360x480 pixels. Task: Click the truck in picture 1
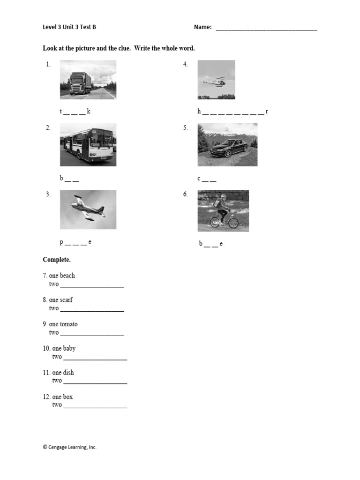pyautogui.click(x=80, y=84)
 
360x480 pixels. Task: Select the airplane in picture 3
pyautogui.click(x=88, y=208)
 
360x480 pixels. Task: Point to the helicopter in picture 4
pyautogui.click(x=215, y=82)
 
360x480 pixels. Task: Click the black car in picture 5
pyautogui.click(x=229, y=148)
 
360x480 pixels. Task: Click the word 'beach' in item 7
pyautogui.click(x=67, y=276)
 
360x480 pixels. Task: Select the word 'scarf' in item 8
pyautogui.click(x=67, y=300)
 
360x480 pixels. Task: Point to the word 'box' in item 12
pyautogui.click(x=68, y=397)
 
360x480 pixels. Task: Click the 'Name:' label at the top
pyautogui.click(x=202, y=28)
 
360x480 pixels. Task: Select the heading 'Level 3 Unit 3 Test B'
pyautogui.click(x=69, y=27)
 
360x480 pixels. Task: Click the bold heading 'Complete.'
pyautogui.click(x=57, y=260)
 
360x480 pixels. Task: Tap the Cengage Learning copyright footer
pyautogui.click(x=69, y=447)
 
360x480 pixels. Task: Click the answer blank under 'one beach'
pyautogui.click(x=92, y=285)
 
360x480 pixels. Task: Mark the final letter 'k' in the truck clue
pyautogui.click(x=89, y=112)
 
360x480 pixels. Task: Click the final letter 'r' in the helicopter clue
pyautogui.click(x=267, y=112)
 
